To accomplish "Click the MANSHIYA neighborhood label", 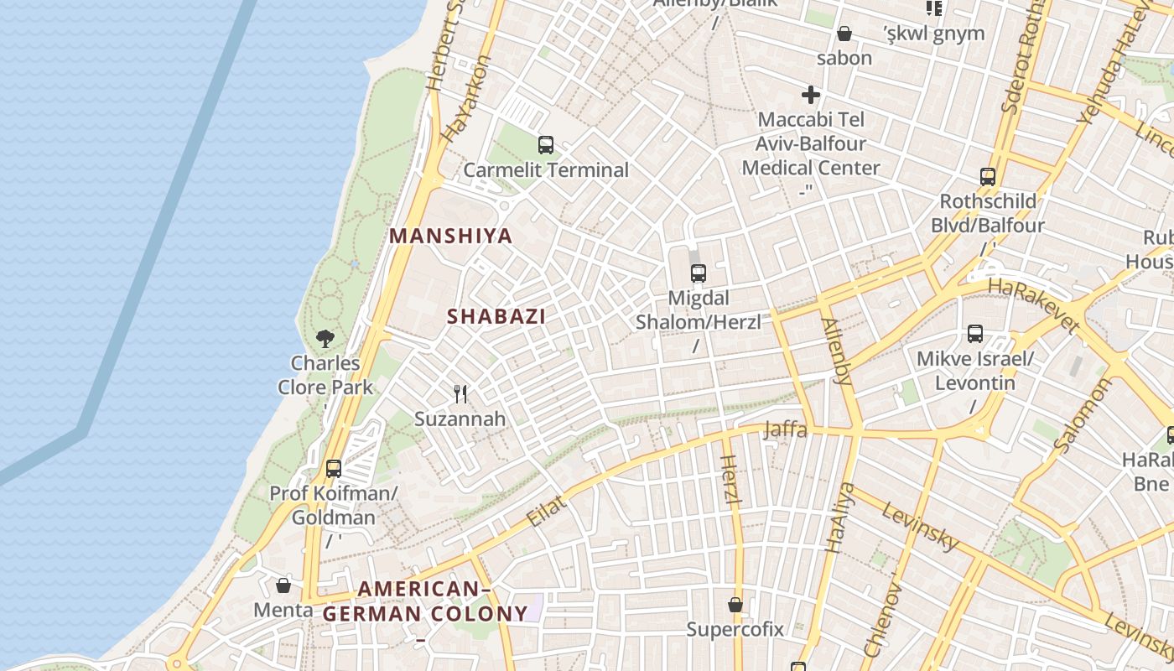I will click(450, 236).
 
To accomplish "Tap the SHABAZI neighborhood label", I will click(496, 316).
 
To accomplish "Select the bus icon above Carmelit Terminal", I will click(546, 145).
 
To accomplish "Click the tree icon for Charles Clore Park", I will click(325, 339).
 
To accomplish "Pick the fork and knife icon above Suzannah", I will click(460, 393).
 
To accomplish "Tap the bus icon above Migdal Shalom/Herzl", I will click(698, 273).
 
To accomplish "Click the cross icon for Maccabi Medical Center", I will click(810, 95).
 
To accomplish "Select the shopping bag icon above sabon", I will click(844, 34).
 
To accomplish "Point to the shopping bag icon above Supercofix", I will click(735, 605).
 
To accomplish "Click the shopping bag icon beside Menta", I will click(283, 585).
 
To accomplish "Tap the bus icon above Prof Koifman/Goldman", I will click(334, 469).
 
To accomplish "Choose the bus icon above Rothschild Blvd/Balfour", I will click(988, 177).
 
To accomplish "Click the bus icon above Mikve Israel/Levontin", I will click(975, 334).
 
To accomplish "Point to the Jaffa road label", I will click(786, 429).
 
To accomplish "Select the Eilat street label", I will click(547, 510).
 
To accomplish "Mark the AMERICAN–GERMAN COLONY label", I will click(425, 601).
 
